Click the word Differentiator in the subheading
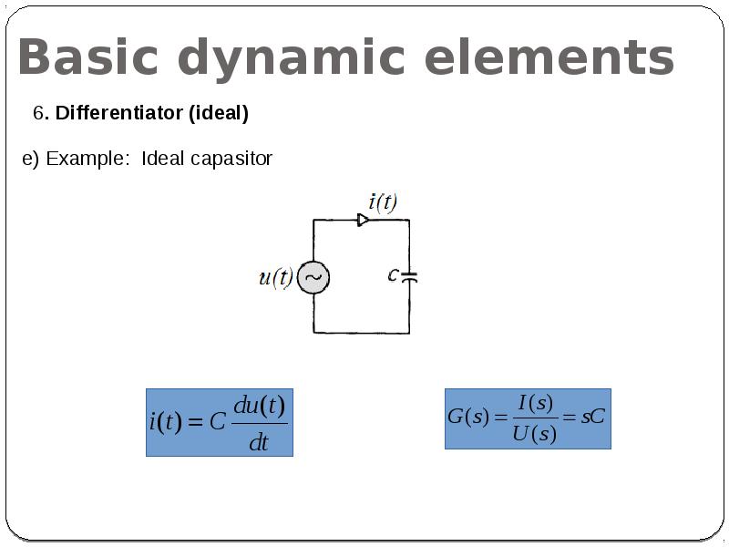[119, 114]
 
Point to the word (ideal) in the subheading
[219, 114]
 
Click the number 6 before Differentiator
[39, 114]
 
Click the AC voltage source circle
[313, 277]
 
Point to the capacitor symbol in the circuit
[409, 275]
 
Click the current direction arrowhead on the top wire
[363, 220]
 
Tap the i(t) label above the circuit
[383, 201]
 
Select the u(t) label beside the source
[275, 277]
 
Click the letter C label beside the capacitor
[393, 273]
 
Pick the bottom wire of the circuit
[361, 332]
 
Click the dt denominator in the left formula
[259, 443]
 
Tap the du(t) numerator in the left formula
[260, 405]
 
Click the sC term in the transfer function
[592, 418]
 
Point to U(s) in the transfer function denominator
[533, 434]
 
